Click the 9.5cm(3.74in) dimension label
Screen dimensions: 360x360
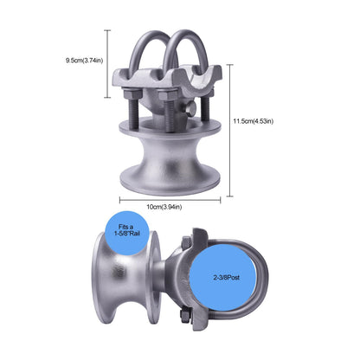pos(84,61)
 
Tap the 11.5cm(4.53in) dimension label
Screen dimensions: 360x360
pos(254,121)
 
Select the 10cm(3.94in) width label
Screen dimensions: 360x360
pos(164,207)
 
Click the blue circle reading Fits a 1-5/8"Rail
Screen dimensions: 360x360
pos(127,233)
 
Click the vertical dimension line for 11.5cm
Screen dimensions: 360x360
pos(229,131)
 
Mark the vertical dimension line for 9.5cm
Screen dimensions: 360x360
pos(107,64)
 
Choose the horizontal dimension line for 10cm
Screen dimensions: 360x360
pos(170,200)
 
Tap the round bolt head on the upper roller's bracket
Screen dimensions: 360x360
pos(190,108)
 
